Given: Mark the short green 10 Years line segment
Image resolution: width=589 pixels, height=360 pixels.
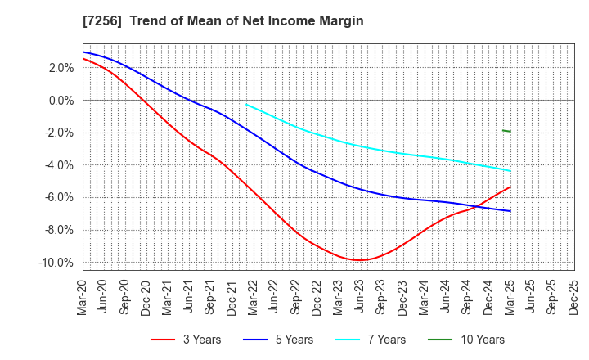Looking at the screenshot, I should click(x=506, y=131).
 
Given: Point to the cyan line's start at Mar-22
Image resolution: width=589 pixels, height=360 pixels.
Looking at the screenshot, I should click(x=246, y=105).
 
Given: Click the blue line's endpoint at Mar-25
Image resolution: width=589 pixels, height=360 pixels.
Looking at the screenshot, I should click(x=510, y=211).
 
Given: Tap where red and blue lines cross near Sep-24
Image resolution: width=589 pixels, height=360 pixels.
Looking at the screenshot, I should click(x=474, y=207).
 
